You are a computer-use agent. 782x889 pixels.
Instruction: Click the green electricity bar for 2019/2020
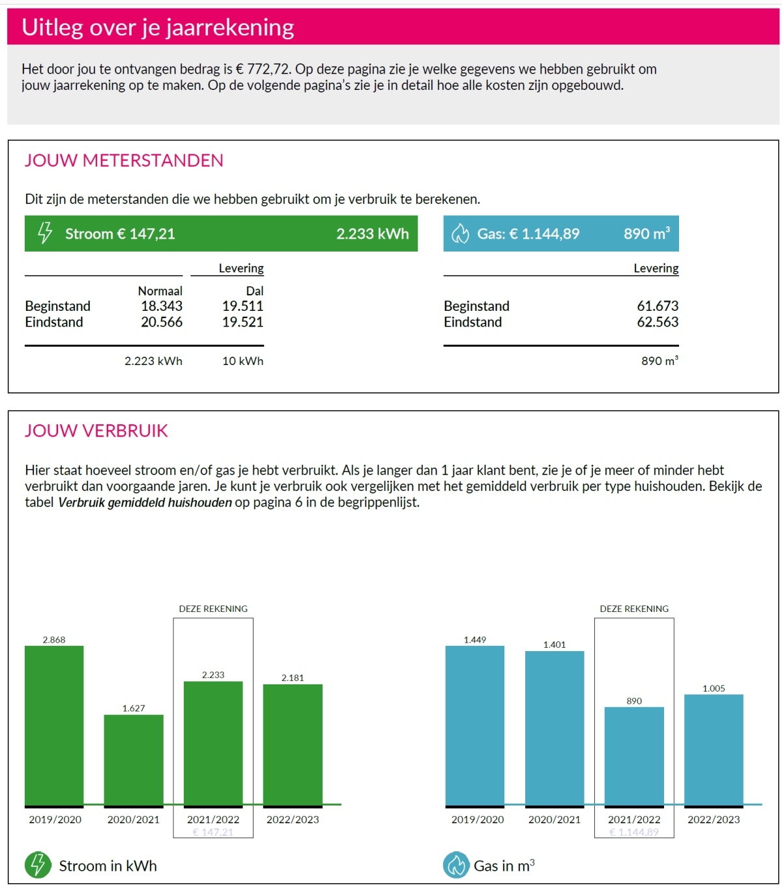(x=54, y=725)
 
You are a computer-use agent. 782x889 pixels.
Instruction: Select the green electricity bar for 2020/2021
(x=134, y=759)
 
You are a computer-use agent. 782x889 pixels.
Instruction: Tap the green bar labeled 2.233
(x=213, y=743)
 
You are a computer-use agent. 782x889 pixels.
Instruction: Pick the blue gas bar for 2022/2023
(x=714, y=750)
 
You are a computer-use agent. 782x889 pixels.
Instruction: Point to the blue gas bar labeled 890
(x=634, y=756)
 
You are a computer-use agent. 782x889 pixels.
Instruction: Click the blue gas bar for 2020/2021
(x=555, y=728)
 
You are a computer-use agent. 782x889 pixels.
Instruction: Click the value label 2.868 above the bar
(x=54, y=640)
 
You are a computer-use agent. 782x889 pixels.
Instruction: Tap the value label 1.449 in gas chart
(x=475, y=640)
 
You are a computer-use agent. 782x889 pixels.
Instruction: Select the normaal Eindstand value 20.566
(x=162, y=322)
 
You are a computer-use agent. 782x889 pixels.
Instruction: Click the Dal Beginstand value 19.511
(x=242, y=306)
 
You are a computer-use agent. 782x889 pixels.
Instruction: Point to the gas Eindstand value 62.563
(x=658, y=322)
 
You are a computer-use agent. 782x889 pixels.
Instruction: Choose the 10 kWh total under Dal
(x=242, y=361)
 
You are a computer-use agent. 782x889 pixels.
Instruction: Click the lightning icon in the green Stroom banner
(x=45, y=233)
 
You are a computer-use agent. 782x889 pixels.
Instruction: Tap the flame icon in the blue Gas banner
(x=461, y=233)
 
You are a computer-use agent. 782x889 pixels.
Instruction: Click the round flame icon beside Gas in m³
(x=456, y=865)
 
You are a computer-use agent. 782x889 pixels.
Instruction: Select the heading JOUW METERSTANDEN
(x=124, y=160)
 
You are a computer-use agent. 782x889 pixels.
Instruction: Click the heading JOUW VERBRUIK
(x=96, y=431)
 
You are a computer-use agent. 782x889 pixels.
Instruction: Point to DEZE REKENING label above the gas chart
(x=634, y=609)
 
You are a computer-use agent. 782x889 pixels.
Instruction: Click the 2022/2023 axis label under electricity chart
(x=293, y=819)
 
